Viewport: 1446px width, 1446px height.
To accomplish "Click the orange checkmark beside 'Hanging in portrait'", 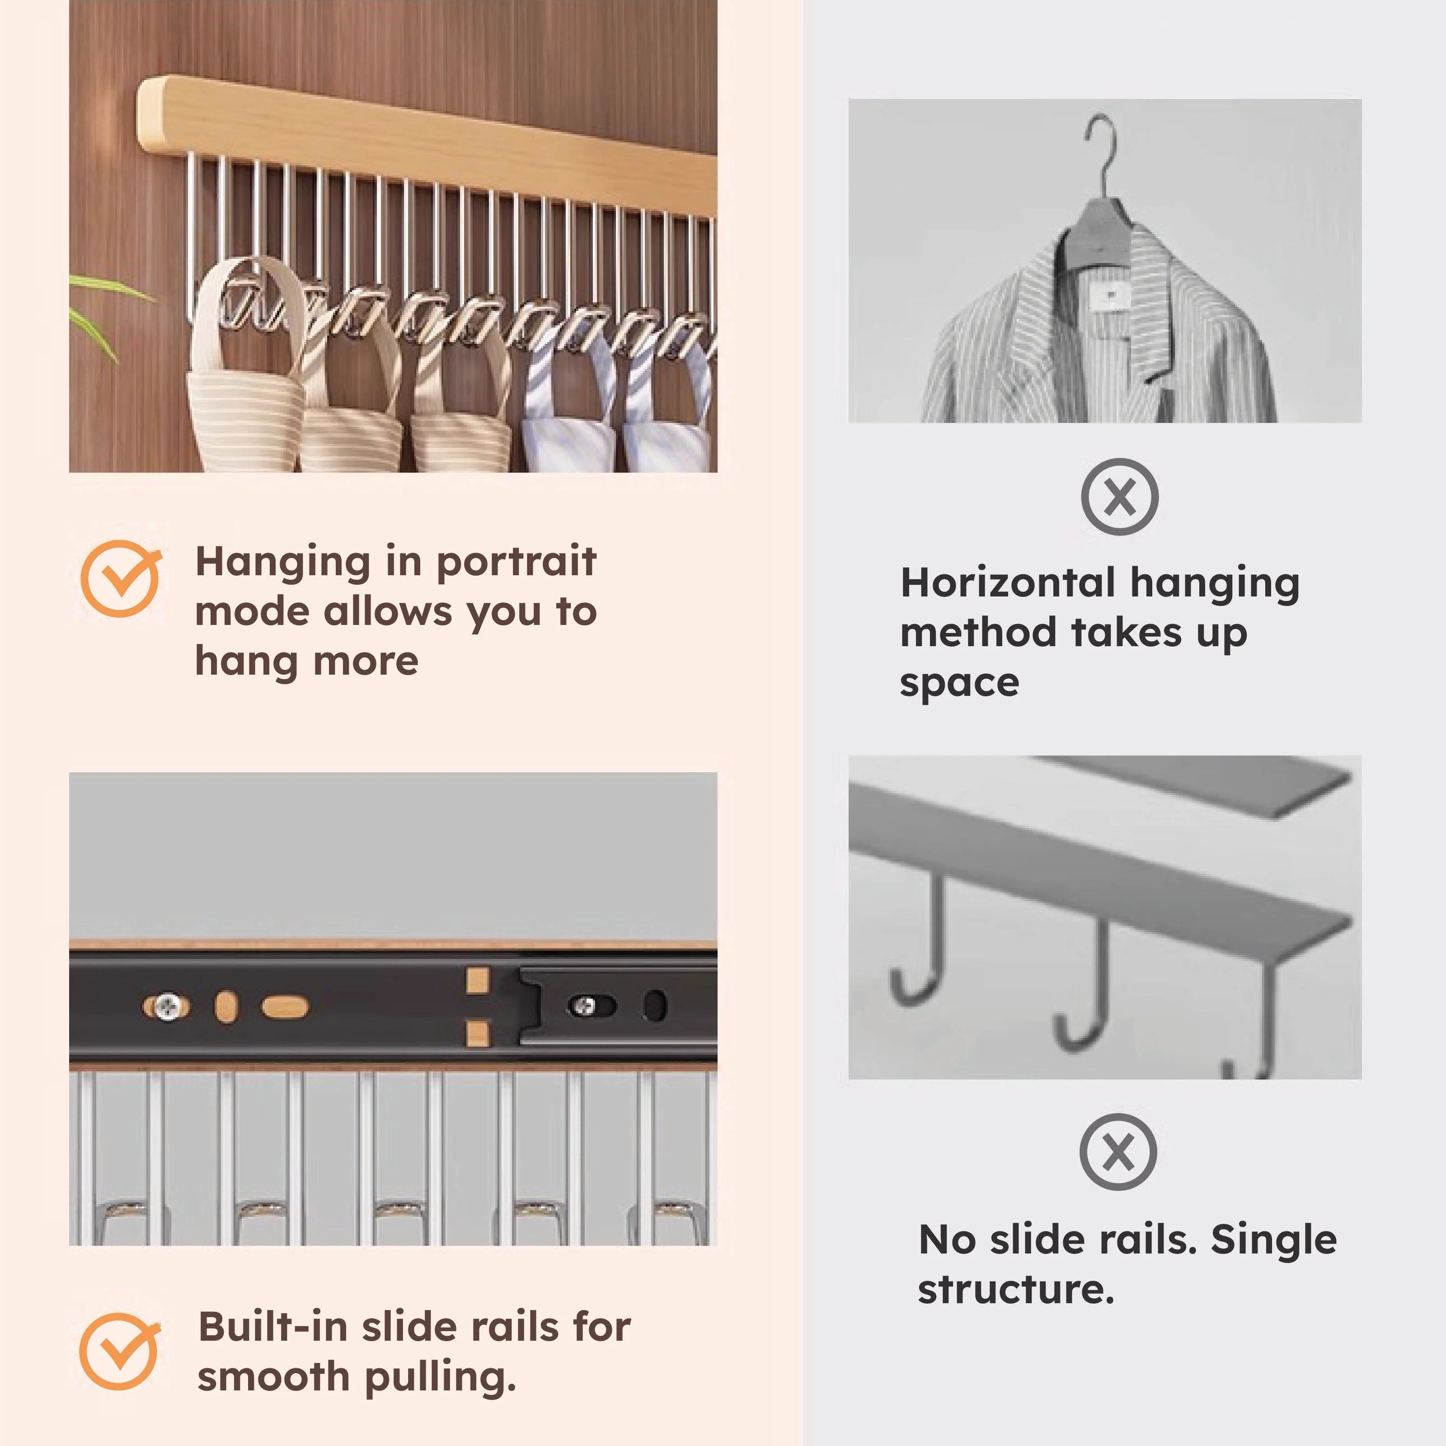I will point(120,578).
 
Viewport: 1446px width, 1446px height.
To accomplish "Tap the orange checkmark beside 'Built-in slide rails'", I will point(118,1352).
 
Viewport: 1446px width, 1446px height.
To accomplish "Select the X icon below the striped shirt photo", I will point(1119,496).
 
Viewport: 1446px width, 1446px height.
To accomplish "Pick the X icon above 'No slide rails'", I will point(1117,1151).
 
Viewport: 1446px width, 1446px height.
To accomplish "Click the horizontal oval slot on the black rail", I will point(284,1007).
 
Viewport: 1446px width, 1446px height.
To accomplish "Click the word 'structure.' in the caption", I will point(1016,1289).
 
